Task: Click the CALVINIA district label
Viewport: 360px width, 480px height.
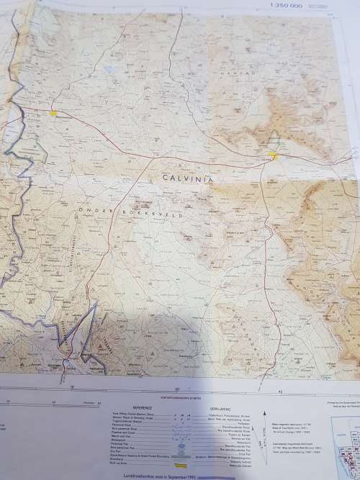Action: point(189,177)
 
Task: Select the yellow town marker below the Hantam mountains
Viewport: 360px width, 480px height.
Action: point(273,153)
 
